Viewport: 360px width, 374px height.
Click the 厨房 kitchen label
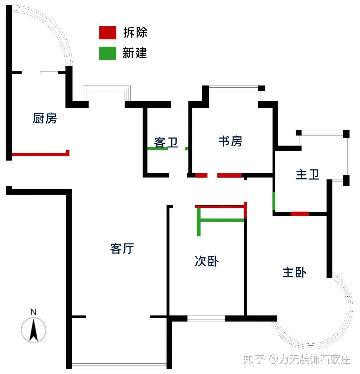click(x=45, y=118)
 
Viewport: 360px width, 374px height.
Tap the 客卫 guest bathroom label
click(x=166, y=142)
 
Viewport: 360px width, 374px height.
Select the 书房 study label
click(x=230, y=141)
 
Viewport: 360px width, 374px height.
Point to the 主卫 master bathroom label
click(x=307, y=174)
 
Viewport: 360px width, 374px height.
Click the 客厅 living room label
click(x=122, y=248)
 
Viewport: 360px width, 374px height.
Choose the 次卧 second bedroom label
click(x=207, y=261)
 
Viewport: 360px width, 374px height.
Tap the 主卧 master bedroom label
click(x=294, y=272)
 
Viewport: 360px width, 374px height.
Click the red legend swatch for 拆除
click(x=108, y=33)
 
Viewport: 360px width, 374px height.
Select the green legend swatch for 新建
click(x=108, y=53)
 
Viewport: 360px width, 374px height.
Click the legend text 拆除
click(x=135, y=33)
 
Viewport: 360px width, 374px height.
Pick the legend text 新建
click(x=135, y=53)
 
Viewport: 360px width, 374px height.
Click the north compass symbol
click(x=33, y=329)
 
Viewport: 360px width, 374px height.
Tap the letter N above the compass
click(x=33, y=312)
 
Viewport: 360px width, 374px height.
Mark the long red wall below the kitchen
click(x=39, y=154)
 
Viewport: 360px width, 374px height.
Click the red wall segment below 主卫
click(x=299, y=214)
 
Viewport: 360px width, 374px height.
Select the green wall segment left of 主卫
click(x=274, y=201)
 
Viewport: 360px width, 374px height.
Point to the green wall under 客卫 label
click(x=157, y=149)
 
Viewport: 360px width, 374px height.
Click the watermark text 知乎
click(x=254, y=359)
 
